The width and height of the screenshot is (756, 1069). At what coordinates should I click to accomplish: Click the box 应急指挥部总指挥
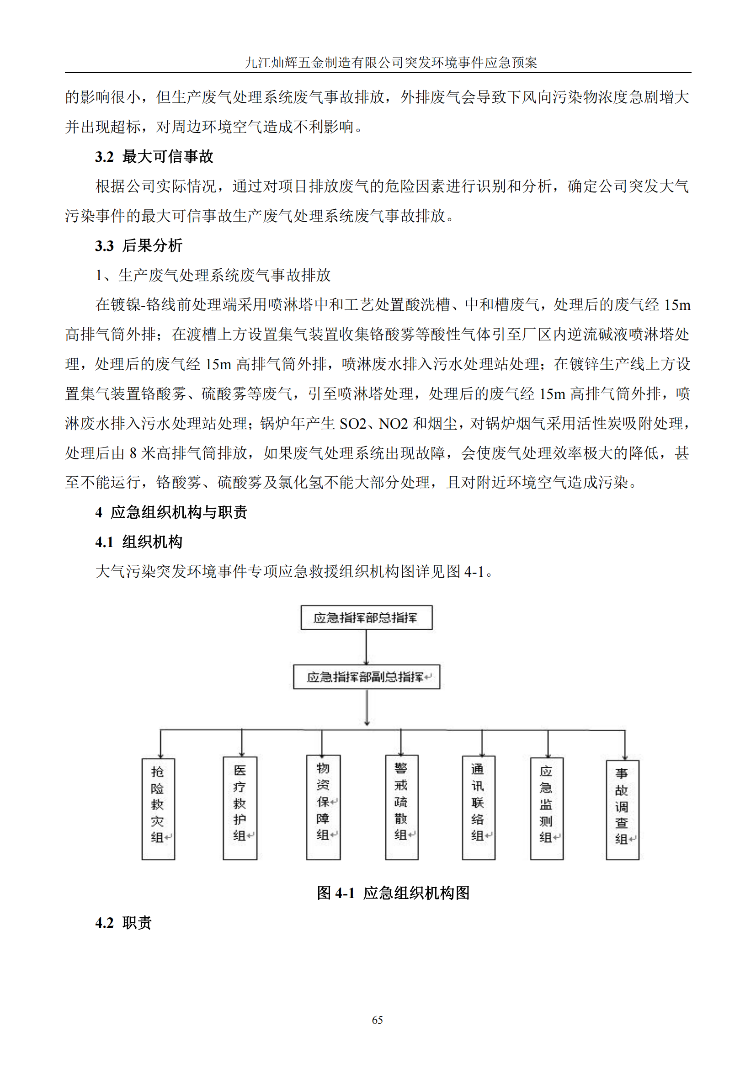pos(367,617)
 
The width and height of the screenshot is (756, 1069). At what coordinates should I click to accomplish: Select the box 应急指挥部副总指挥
pos(367,676)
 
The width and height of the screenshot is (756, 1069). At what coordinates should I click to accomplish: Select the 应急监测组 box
pos(547,808)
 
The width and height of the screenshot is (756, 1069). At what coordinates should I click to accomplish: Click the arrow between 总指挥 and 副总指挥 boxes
pos(367,647)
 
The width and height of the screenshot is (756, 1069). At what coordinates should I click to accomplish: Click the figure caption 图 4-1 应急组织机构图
pos(393,893)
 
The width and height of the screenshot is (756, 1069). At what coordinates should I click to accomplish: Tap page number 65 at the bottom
pos(378,1020)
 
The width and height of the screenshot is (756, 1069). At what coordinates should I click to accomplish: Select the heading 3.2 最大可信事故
pos(154,157)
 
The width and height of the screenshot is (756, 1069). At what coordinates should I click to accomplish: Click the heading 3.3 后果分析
pos(139,246)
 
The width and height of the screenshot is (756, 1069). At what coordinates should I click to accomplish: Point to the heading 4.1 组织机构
pos(139,542)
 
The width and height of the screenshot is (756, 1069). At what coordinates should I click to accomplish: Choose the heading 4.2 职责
pos(123,923)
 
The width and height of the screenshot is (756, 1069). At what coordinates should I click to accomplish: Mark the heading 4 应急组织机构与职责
pos(171,512)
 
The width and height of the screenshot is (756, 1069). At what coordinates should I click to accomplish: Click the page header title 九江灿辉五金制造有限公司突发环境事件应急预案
pos(391,63)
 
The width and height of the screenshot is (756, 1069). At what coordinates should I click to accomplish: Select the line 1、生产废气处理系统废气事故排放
pos(213,275)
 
